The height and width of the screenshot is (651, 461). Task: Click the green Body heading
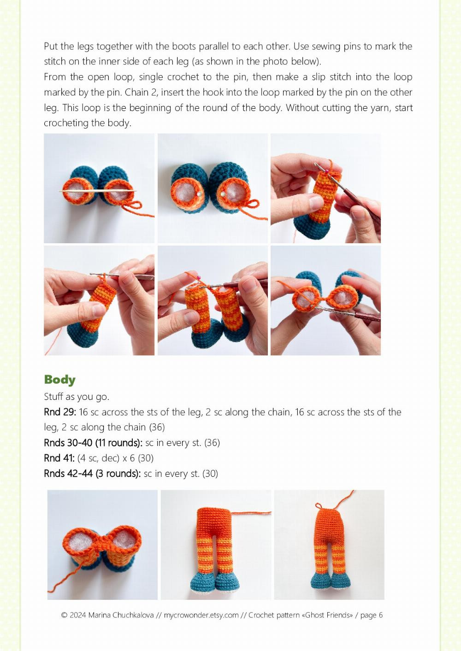click(59, 380)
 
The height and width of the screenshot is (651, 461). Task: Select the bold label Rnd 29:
click(60, 412)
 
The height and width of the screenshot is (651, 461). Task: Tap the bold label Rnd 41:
click(59, 458)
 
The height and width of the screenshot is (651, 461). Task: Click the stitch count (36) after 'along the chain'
click(157, 427)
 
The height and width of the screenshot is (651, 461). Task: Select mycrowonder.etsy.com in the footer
click(201, 615)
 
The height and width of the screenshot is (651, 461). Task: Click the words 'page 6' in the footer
click(372, 615)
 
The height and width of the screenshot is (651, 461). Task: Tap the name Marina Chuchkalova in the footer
click(121, 615)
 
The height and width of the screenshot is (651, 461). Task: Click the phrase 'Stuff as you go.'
click(77, 397)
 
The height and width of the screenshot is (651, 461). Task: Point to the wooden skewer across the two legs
click(97, 191)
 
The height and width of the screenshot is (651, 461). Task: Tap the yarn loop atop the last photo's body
click(319, 506)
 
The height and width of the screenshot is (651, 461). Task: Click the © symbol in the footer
click(64, 615)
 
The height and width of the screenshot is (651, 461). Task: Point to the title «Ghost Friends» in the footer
click(329, 615)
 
